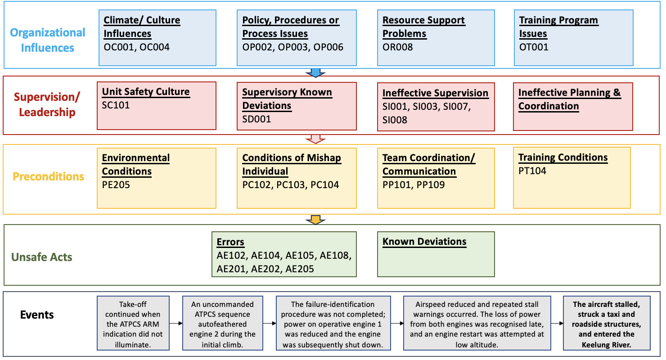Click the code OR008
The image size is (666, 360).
397,47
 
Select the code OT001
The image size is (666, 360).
534,47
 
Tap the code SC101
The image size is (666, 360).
116,105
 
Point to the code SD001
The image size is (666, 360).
256,119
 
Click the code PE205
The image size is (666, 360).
116,185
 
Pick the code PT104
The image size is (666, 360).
532,171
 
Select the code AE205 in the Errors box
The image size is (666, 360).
300,269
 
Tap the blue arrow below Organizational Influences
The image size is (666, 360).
315,73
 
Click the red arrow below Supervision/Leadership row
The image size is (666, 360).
315,139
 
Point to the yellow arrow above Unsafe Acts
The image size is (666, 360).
315,220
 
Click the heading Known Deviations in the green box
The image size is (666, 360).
424,242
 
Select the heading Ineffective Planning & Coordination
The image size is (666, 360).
570,99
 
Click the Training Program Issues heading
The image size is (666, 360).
558,27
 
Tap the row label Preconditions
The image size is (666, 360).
49,176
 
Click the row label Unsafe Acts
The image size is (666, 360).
41,257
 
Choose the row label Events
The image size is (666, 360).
37,315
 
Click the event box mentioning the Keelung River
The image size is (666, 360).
607,323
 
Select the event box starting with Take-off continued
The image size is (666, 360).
133,323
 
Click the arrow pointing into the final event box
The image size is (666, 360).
557,323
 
